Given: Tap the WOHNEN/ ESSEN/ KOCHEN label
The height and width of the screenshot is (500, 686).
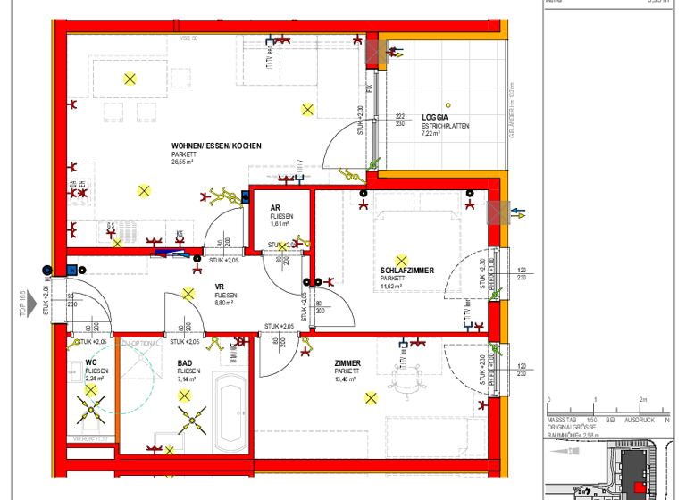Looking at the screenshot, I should click(x=217, y=146).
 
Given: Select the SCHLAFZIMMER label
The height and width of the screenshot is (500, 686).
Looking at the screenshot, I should click(x=407, y=270).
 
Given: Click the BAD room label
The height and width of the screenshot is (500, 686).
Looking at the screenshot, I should click(x=186, y=362).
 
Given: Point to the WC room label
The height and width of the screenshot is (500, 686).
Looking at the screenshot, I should click(x=91, y=362).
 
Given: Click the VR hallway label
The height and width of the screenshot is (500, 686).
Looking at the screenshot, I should click(x=219, y=287).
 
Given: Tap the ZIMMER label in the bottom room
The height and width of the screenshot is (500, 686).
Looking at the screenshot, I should click(x=347, y=362).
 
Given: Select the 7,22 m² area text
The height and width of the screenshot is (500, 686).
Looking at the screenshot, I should click(x=433, y=134).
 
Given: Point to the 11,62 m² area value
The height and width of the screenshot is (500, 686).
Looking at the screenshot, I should click(x=393, y=287).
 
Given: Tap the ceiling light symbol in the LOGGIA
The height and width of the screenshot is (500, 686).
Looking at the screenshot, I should click(x=452, y=95).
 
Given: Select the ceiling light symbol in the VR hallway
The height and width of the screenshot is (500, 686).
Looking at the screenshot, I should click(x=188, y=294).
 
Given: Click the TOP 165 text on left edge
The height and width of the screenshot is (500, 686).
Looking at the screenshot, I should click(x=23, y=304).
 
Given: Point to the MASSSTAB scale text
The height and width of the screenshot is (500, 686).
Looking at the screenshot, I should click(x=562, y=419).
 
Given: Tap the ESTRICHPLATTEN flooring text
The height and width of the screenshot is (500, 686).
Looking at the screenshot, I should click(x=445, y=126).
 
